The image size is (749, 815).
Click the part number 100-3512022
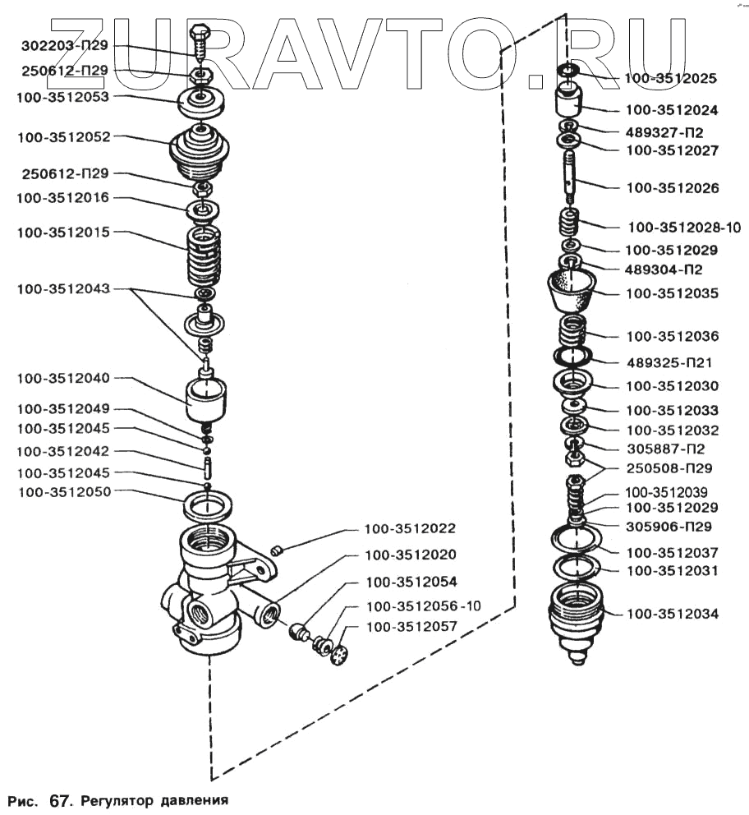pyautogui.click(x=411, y=528)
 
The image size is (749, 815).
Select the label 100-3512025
pyautogui.click(x=672, y=79)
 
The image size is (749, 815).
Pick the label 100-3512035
pyautogui.click(x=672, y=293)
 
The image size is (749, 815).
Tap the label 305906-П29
pyautogui.click(x=669, y=527)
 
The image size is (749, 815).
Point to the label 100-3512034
pyautogui.click(x=672, y=613)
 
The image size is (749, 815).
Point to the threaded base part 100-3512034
pyautogui.click(x=577, y=618)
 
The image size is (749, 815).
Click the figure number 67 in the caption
pyautogui.click(x=61, y=799)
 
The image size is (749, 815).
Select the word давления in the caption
pyautogui.click(x=191, y=799)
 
